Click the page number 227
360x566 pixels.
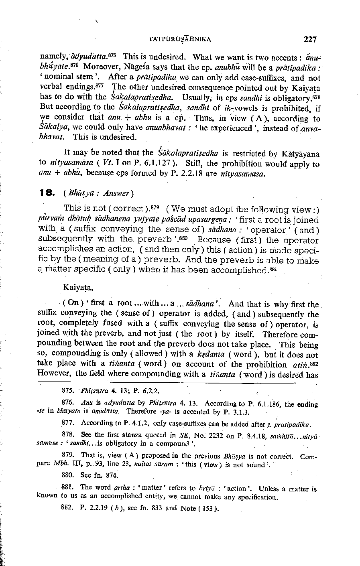click(x=310, y=39)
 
